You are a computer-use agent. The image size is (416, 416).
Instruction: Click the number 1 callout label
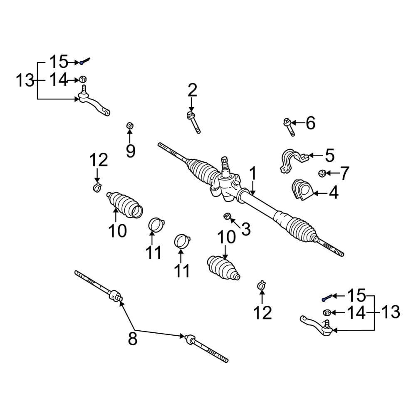click(x=253, y=173)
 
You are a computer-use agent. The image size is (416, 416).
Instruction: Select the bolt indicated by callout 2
click(x=193, y=122)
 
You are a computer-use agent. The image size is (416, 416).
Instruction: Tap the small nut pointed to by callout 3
click(x=227, y=216)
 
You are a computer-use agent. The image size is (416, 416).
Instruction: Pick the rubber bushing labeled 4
click(x=302, y=190)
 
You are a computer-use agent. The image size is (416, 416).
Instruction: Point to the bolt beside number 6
click(x=289, y=127)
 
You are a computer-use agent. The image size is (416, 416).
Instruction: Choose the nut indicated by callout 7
click(x=322, y=173)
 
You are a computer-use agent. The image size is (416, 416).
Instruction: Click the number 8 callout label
click(x=133, y=338)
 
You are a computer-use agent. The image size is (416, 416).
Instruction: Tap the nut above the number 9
click(x=130, y=126)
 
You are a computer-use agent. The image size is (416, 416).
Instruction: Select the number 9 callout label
click(x=131, y=151)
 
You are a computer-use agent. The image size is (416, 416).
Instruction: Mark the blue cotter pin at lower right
click(x=327, y=297)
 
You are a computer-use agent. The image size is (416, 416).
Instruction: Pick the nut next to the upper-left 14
click(x=83, y=79)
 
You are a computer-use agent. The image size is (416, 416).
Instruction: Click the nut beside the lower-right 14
click(x=327, y=312)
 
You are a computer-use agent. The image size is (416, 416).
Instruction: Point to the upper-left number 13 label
click(x=25, y=80)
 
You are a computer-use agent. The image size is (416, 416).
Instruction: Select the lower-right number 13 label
click(x=391, y=312)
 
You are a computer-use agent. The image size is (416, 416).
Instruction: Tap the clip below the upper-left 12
click(x=97, y=187)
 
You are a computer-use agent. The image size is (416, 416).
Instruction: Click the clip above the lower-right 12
click(x=262, y=285)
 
